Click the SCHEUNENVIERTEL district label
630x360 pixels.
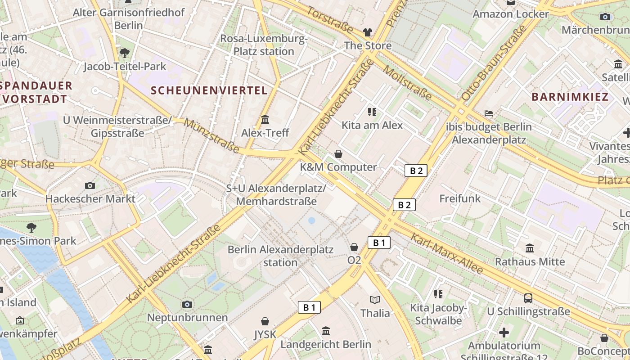209,90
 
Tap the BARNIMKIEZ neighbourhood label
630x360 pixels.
570,97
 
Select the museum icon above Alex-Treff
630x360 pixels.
265,120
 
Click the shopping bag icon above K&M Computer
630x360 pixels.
338,154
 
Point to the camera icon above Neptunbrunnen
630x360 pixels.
188,305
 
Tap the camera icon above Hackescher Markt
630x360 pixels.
90,185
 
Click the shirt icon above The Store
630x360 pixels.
368,32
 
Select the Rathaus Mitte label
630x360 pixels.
530,261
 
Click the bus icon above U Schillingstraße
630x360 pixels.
528,298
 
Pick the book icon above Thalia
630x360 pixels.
375,300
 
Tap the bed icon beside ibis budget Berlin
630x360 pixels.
489,113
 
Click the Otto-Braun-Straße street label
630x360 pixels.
494,63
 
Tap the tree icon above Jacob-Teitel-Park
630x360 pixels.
125,53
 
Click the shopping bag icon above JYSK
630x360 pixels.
265,321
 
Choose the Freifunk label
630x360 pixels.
460,198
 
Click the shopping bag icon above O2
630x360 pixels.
354,247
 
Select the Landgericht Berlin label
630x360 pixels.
326,344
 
